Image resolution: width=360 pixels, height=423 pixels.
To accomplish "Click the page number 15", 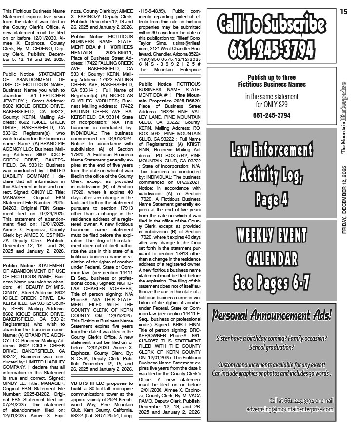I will tap(344, 12).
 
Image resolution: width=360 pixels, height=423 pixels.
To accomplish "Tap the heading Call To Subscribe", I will tap(271, 24).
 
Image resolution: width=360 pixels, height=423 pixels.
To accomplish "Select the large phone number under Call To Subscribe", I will tap(271, 47).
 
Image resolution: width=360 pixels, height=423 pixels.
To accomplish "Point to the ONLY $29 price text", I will tap(271, 104).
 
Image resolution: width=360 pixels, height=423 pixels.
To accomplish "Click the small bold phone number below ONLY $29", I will tap(271, 115).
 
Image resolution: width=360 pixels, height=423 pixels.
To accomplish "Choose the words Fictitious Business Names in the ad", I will tap(271, 84).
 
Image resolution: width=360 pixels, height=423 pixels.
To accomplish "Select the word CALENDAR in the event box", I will tap(271, 258).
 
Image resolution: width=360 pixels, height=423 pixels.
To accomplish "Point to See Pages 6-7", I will tap(271, 282).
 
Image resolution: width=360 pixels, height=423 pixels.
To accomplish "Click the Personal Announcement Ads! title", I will tap(271, 314).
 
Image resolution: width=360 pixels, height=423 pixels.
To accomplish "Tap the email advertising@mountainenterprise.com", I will tap(290, 409).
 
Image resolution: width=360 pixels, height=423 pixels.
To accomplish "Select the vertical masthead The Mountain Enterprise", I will tap(344, 117).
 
